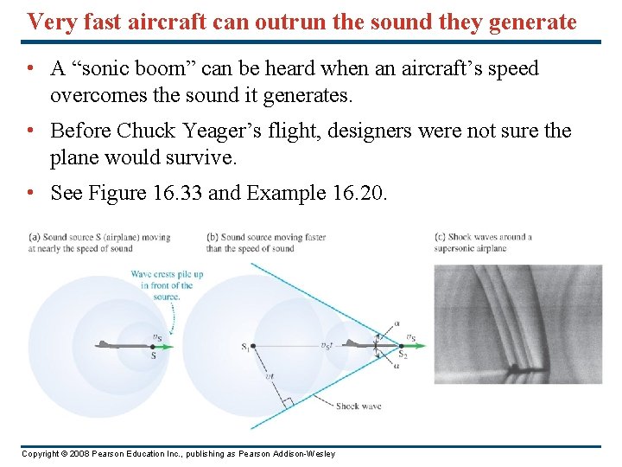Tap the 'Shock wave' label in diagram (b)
[359, 406]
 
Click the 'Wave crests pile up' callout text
[167, 275]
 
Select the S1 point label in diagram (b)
[245, 348]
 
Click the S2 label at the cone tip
[402, 355]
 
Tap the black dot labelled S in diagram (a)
[154, 347]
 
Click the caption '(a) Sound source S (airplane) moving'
[98, 237]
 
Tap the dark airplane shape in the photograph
[516, 368]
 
